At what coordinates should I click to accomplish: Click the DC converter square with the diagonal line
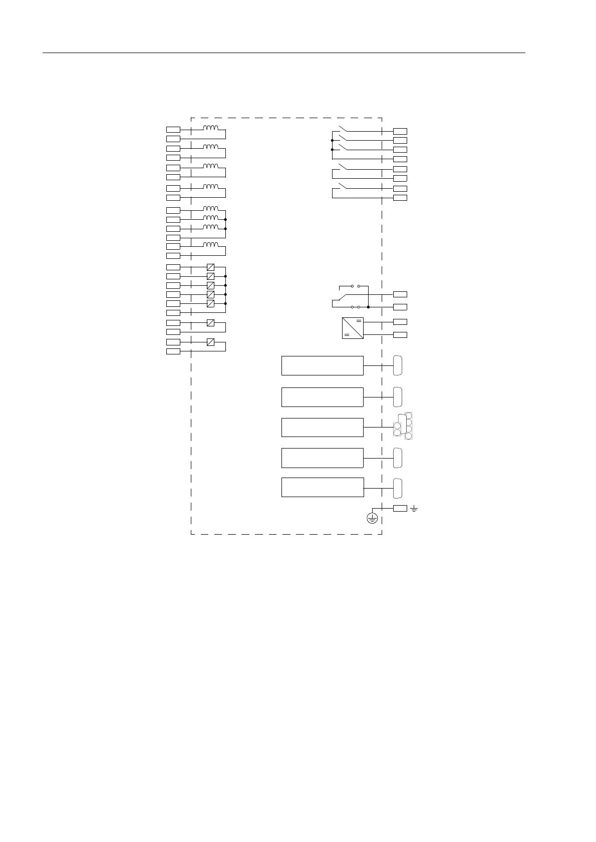[353, 328]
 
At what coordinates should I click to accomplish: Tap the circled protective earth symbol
[372, 518]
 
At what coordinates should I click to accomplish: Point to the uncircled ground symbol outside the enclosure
[414, 509]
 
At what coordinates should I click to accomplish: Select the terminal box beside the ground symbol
[400, 509]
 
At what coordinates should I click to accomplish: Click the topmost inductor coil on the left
[210, 128]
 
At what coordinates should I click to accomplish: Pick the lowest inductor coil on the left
[210, 245]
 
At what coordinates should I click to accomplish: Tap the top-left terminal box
[173, 130]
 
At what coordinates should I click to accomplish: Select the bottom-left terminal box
[173, 351]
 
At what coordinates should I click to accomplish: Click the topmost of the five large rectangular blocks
[322, 365]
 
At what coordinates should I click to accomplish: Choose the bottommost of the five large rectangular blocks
[322, 487]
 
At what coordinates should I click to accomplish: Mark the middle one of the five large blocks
[322, 427]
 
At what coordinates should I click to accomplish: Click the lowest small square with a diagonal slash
[210, 342]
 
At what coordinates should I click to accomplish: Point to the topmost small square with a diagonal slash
[210, 267]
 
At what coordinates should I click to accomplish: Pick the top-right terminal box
[400, 131]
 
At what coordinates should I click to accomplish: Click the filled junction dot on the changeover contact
[368, 306]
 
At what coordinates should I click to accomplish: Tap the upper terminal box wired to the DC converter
[400, 321]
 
